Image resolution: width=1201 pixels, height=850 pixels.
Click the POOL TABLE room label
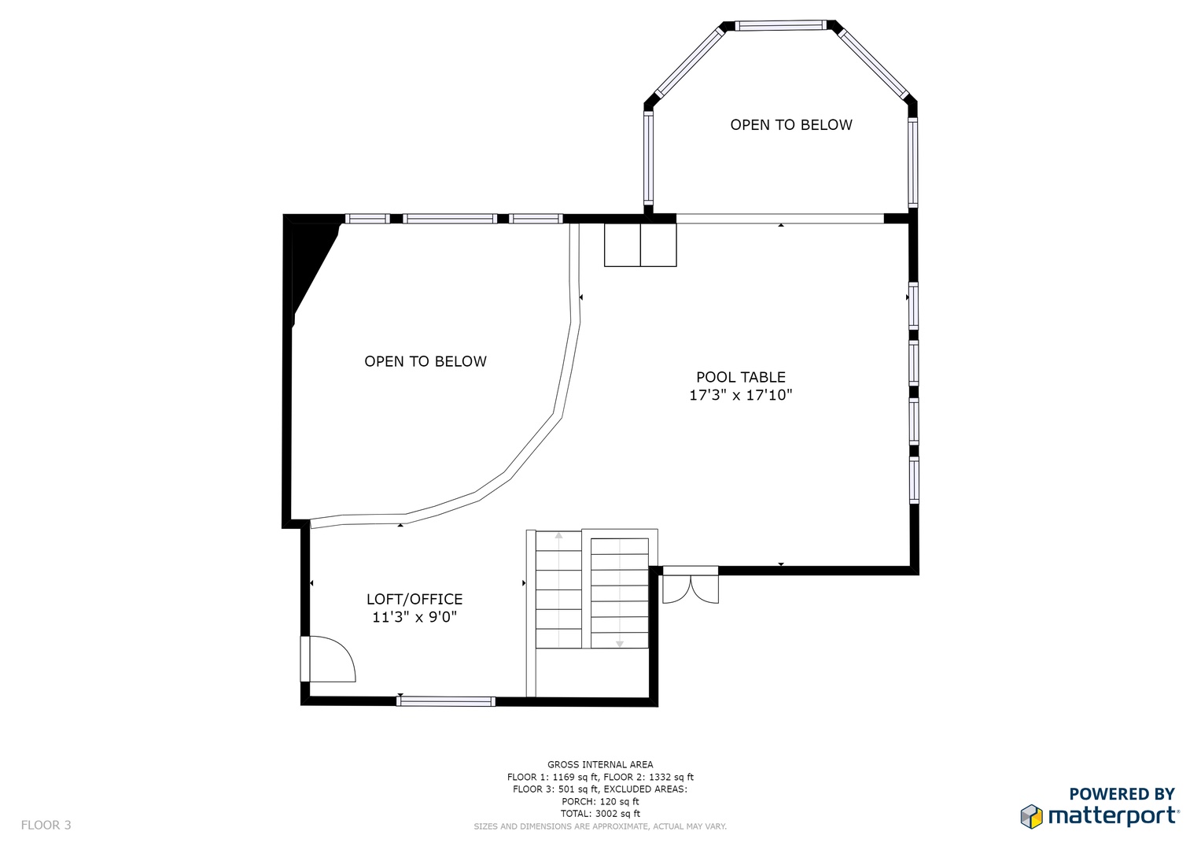point(740,377)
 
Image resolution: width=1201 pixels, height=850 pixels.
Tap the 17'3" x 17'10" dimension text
point(740,395)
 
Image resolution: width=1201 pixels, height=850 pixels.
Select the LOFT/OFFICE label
point(414,599)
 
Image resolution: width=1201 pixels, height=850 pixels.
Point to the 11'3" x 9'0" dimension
point(414,617)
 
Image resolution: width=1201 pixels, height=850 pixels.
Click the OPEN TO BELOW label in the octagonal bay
point(791,124)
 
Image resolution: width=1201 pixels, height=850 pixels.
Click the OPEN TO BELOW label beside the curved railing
point(426,361)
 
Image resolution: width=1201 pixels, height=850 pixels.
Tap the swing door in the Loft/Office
point(328,659)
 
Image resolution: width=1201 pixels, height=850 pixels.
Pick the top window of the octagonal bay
point(781,25)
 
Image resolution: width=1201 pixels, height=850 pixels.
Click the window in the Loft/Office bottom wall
point(445,700)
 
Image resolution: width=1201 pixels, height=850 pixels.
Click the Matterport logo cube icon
point(1032,816)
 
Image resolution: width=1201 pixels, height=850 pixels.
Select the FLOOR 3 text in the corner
point(46,825)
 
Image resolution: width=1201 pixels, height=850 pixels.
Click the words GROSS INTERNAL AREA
point(600,764)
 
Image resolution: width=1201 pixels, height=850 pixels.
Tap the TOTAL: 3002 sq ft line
point(600,814)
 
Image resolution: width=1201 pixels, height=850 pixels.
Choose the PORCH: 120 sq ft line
point(600,801)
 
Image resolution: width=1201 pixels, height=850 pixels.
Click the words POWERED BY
point(1122,793)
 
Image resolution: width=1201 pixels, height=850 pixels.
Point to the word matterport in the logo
point(1113,817)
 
